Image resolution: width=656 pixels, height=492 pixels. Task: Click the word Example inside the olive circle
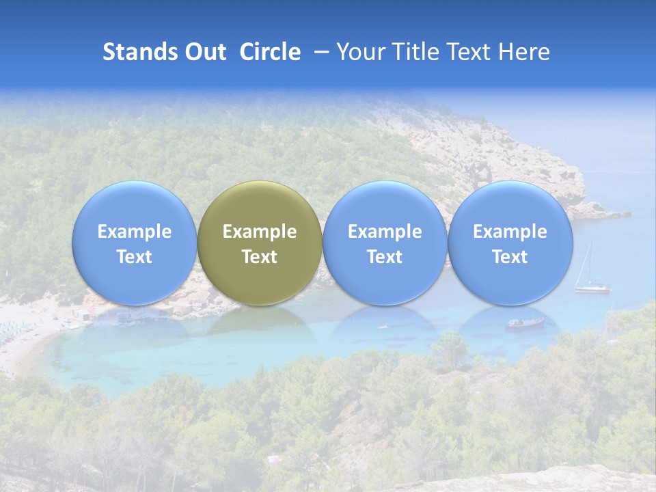260,232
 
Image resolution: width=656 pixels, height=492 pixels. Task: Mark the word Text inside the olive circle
260,257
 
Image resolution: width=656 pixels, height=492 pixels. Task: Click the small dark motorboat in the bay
525,323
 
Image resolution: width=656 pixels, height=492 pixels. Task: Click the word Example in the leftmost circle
134,232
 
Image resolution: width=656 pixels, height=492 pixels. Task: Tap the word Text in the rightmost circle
510,257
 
